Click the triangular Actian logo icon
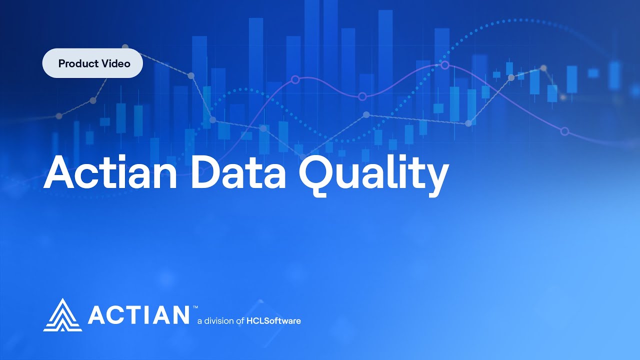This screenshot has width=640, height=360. [x=62, y=315]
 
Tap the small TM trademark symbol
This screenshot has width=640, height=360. [x=195, y=307]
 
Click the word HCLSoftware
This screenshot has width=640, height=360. [x=274, y=320]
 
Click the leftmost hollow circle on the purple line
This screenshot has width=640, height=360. [x=295, y=79]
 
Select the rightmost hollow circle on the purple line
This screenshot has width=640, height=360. [x=565, y=131]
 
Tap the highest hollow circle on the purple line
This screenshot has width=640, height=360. [x=444, y=65]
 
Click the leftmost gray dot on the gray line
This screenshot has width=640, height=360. [x=59, y=116]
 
